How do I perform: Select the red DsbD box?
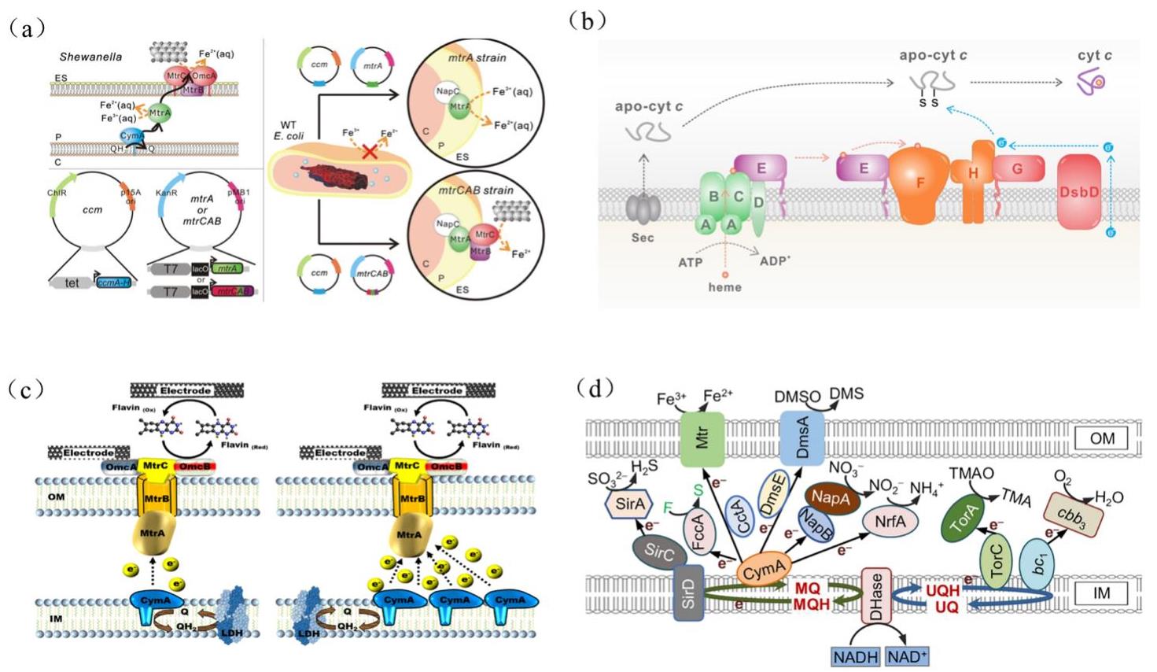tap(1078, 192)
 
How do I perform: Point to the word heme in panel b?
tap(724, 287)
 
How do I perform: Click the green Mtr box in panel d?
tap(702, 436)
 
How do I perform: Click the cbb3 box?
tap(1072, 519)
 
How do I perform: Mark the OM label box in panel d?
tap(1101, 438)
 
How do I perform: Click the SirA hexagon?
tap(630, 503)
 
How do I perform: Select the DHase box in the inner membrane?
tap(877, 595)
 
